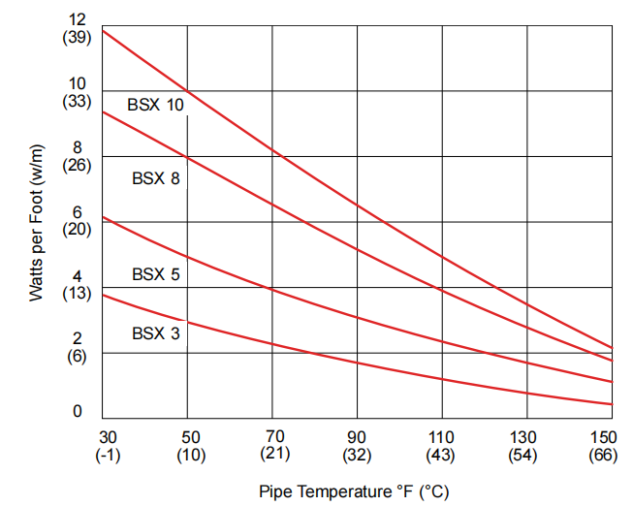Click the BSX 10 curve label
[155, 104]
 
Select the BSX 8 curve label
[155, 177]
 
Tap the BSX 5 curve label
[155, 274]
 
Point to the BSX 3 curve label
[155, 333]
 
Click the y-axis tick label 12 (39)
[77, 28]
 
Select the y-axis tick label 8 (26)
[77, 156]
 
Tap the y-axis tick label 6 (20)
[77, 221]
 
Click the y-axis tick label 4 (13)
[77, 286]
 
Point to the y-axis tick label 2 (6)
[77, 347]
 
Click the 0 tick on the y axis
[78, 412]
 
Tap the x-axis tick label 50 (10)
[190, 445]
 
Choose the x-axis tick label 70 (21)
[274, 445]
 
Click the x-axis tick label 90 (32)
[358, 445]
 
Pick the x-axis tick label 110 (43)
[442, 445]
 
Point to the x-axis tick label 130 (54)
[523, 445]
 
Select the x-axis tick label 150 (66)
[603, 445]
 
